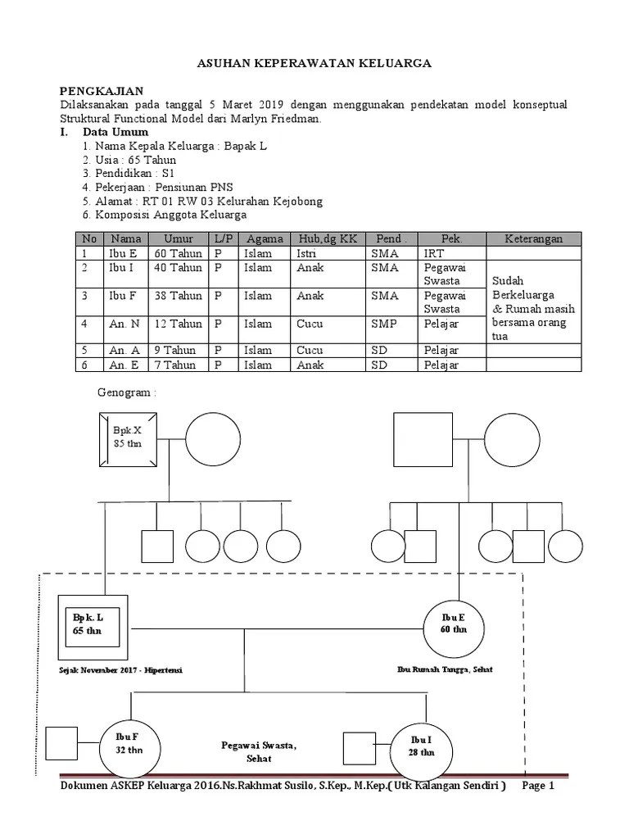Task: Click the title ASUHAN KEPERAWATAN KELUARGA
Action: [x=314, y=63]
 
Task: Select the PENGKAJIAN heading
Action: [x=102, y=91]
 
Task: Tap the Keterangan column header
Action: [x=533, y=238]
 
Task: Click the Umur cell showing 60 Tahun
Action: [x=178, y=254]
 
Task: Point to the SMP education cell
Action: [x=384, y=324]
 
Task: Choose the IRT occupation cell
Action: [x=434, y=254]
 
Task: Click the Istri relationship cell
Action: [x=306, y=254]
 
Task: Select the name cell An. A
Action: [x=124, y=351]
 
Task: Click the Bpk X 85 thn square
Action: [x=128, y=439]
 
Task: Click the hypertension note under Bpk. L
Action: [x=120, y=670]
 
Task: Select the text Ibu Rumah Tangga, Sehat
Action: [x=445, y=669]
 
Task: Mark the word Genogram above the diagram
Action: [x=124, y=392]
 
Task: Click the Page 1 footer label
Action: [x=538, y=786]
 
